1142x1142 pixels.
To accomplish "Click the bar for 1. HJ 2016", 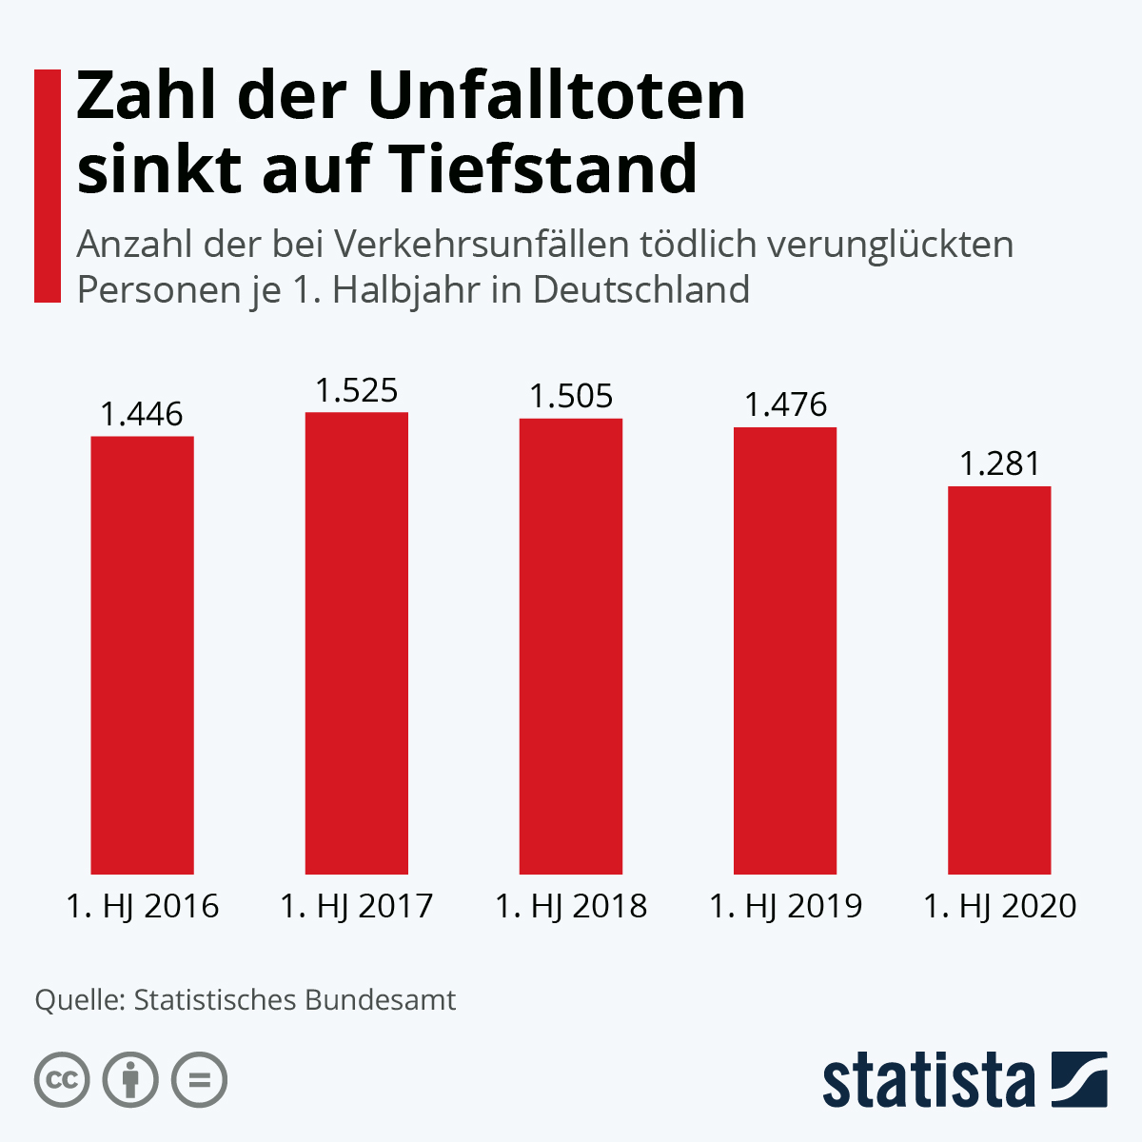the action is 142,655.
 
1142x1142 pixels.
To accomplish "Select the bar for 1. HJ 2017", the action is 357,643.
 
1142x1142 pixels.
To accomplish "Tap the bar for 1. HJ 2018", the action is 571,646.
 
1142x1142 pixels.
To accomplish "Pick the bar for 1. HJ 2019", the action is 785,651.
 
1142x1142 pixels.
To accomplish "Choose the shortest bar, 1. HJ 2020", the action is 999,680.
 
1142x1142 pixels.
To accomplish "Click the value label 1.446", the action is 142,414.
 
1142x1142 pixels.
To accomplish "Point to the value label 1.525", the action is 357,390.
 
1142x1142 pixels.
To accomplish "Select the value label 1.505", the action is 571,396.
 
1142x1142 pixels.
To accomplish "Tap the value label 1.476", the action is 785,404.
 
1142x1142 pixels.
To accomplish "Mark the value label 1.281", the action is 1000,463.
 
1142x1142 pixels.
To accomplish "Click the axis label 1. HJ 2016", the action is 142,906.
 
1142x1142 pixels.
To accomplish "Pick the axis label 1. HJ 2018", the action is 571,906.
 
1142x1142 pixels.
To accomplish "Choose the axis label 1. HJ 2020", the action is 1000,906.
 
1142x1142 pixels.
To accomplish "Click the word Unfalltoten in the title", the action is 557,95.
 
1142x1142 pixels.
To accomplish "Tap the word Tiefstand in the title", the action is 544,167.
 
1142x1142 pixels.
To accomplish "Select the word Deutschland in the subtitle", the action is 641,290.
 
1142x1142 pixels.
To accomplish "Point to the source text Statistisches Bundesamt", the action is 294,1000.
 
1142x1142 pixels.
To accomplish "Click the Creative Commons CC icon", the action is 62,1080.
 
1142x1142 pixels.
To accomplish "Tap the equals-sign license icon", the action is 199,1080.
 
